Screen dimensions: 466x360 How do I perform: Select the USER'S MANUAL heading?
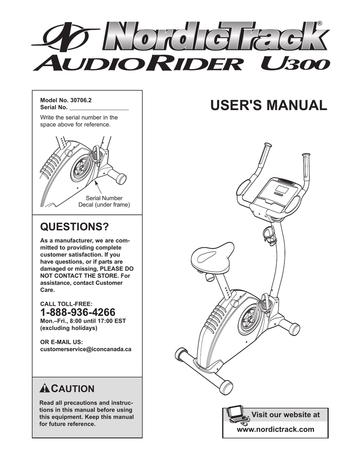coord(269,106)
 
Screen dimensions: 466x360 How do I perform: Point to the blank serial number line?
coord(98,108)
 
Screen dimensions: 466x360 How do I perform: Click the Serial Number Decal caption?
coord(104,202)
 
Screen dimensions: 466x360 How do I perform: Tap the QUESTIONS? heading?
coord(75,226)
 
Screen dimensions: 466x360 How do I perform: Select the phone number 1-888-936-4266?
coord(78,312)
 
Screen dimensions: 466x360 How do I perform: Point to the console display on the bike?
coord(283,187)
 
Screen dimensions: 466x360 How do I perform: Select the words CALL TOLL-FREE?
coord(66,303)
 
